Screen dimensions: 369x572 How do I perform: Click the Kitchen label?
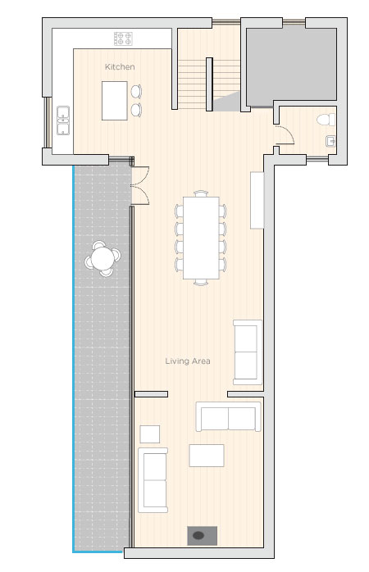(x=120, y=66)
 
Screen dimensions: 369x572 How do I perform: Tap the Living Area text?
(x=188, y=361)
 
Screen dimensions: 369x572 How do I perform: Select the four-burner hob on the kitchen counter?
(x=123, y=39)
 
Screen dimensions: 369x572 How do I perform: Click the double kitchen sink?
(x=63, y=120)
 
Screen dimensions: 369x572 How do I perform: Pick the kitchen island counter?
(x=115, y=101)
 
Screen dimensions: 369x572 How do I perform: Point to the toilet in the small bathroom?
(x=326, y=120)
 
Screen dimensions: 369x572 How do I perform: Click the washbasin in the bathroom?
(x=330, y=141)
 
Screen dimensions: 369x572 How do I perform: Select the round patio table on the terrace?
(x=102, y=258)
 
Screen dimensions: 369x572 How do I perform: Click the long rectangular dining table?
(x=201, y=238)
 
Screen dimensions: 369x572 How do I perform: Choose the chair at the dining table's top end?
(x=201, y=193)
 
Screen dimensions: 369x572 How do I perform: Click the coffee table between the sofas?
(x=207, y=456)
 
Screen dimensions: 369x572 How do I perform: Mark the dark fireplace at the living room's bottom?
(x=203, y=535)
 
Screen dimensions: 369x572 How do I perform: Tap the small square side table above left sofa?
(x=149, y=434)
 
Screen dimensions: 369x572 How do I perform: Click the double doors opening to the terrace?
(x=140, y=185)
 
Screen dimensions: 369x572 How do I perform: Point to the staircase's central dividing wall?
(x=209, y=84)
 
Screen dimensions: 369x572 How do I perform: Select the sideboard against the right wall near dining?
(x=257, y=200)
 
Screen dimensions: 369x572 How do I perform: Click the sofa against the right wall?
(x=248, y=352)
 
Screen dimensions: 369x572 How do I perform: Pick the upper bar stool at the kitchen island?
(x=136, y=91)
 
